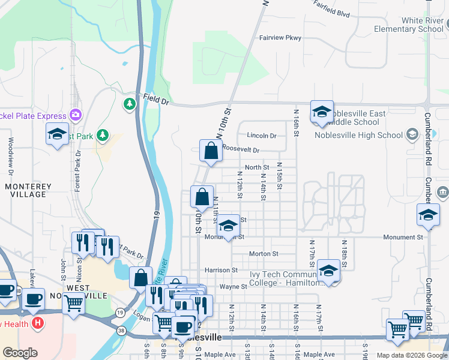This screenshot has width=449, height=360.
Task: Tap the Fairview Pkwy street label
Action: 280,38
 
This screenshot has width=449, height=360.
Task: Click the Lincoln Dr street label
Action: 262,136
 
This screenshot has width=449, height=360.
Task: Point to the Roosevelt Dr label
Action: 241,149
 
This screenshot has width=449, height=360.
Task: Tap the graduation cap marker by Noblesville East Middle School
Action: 322,112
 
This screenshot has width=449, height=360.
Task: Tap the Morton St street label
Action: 264,254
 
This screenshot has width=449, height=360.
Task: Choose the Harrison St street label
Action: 221,271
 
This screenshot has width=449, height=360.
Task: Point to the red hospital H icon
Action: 37,323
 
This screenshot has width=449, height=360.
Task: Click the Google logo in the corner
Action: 20,353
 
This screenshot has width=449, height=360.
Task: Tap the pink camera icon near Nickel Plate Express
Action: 75,114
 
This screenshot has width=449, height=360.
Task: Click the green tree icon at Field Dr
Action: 129,104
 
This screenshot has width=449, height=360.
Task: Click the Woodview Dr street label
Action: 10,156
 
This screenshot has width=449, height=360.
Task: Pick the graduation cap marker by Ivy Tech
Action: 328,271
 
